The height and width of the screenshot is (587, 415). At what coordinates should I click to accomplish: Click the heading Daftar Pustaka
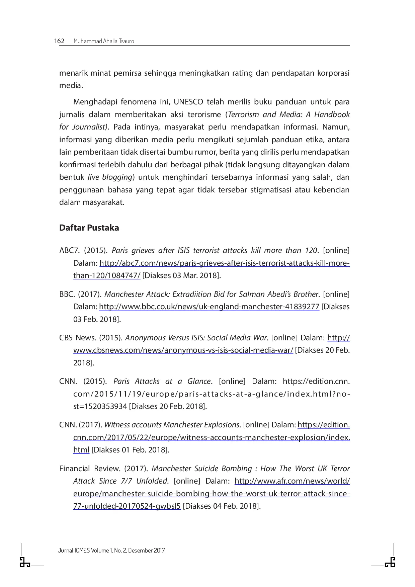89,228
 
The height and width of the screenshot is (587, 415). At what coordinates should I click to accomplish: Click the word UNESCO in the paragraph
188,102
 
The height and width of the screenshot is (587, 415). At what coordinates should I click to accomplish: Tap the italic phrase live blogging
110,177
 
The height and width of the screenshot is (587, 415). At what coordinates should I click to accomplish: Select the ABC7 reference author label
69,251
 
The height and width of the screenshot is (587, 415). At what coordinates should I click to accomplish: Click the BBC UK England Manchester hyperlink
209,307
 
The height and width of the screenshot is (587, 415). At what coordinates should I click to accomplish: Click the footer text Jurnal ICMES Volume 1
111,551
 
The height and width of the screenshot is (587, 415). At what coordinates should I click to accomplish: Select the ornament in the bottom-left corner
24,563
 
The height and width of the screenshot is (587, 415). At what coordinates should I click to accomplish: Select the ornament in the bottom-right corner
390,563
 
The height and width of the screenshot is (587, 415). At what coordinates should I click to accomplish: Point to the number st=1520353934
100,406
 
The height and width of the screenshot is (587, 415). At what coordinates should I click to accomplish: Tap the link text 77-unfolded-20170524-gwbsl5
127,506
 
